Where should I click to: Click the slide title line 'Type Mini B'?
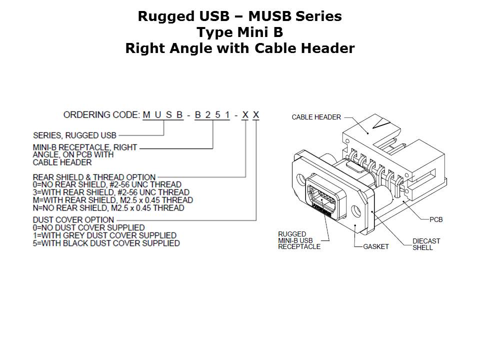(x=239, y=32)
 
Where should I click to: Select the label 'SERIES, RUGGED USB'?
(x=74, y=135)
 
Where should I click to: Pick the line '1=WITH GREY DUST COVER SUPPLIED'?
(x=104, y=235)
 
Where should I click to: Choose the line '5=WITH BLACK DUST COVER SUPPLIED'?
(x=106, y=243)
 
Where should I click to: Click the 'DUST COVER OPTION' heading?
(x=73, y=220)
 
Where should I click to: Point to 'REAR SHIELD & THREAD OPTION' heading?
(x=94, y=177)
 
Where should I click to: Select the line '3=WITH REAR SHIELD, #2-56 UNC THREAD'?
(x=111, y=192)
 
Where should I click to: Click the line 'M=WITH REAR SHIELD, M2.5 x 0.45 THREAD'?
(x=113, y=200)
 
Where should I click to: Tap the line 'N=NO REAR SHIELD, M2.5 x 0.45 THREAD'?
(x=108, y=207)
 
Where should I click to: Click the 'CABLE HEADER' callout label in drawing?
(x=316, y=117)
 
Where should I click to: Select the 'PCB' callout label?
(x=436, y=219)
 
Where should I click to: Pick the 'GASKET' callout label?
(x=375, y=247)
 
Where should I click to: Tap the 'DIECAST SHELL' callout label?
(x=426, y=244)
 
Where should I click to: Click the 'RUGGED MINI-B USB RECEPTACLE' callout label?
(x=299, y=240)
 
